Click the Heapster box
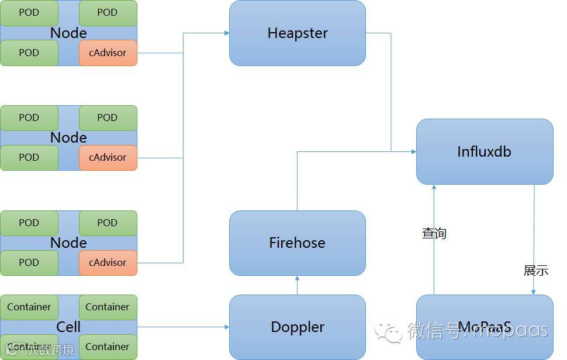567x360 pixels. (x=297, y=33)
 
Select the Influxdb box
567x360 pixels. (x=484, y=152)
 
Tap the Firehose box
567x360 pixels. (x=297, y=243)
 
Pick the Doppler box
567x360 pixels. (x=297, y=327)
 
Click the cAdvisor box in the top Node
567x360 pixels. (x=108, y=53)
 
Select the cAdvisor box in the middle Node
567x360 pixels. (x=108, y=157)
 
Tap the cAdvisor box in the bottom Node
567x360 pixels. (x=108, y=262)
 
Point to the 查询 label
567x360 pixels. (x=434, y=233)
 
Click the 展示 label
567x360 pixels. (x=535, y=271)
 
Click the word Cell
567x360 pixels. (x=68, y=327)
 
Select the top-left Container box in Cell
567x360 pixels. (x=29, y=307)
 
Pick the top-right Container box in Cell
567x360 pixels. (x=108, y=307)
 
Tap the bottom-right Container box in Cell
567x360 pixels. (x=108, y=347)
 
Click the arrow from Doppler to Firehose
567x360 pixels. (x=297, y=285)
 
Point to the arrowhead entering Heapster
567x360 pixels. (x=226, y=33)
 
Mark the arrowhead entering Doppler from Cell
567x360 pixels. (x=226, y=327)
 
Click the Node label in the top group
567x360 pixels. (x=68, y=33)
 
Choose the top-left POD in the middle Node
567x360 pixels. (x=29, y=117)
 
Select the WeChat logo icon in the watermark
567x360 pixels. (x=389, y=331)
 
